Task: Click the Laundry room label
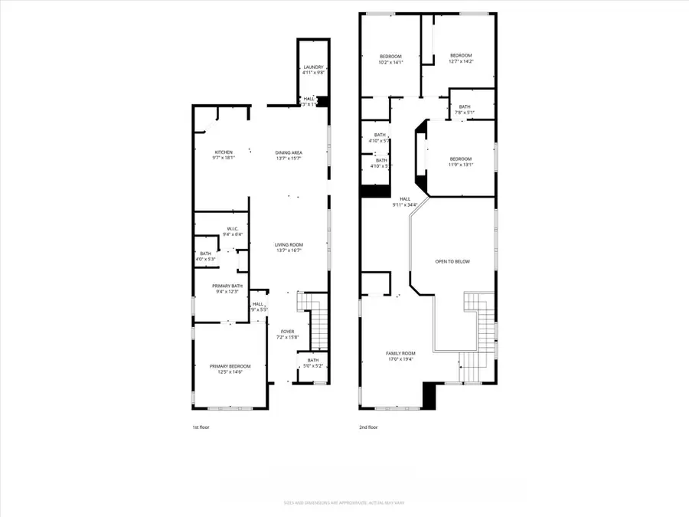tap(314, 67)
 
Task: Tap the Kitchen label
tap(224, 152)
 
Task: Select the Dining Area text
tap(289, 152)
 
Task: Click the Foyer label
tap(286, 332)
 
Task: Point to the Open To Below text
tap(452, 262)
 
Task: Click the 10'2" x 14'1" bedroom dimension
tap(390, 62)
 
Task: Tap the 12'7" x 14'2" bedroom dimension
tap(460, 61)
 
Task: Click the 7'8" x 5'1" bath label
tap(465, 113)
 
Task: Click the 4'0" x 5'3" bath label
tap(205, 259)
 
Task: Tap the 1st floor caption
tap(200, 427)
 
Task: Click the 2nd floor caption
tap(367, 427)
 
